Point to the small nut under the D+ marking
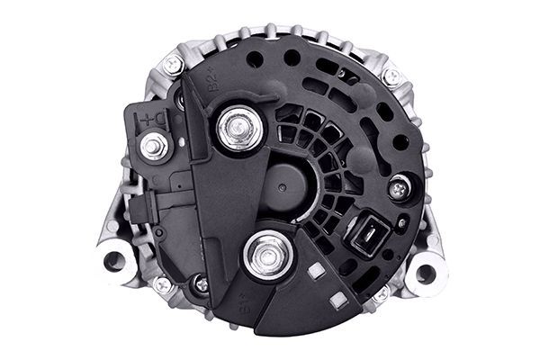(155, 144)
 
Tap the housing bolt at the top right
(391, 76)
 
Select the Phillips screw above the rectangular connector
(399, 188)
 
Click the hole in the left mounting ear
(114, 261)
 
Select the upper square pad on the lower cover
(315, 269)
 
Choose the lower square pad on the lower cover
(335, 300)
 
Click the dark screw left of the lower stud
(202, 284)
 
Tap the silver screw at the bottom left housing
(162, 284)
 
